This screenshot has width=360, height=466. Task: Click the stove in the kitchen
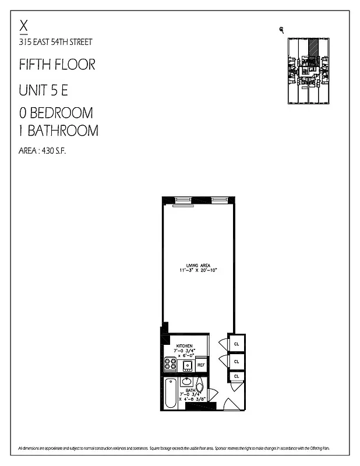coord(171,365)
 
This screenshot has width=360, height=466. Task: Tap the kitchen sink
coord(188,365)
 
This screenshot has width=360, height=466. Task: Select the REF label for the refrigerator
coord(201,365)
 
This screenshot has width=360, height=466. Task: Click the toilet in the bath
coord(199,386)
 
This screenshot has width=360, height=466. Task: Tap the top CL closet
coord(237,344)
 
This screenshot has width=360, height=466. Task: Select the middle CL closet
coord(237,362)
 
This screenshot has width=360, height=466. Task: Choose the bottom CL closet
coord(237,377)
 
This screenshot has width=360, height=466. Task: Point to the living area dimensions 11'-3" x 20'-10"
coord(197,271)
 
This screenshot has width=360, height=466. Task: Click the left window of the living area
coord(183,200)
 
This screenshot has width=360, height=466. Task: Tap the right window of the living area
coord(219,200)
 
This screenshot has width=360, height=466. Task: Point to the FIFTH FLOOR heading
coord(57,64)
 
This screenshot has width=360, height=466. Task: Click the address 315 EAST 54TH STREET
coord(55,42)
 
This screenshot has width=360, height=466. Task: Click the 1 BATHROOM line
coord(59,130)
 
